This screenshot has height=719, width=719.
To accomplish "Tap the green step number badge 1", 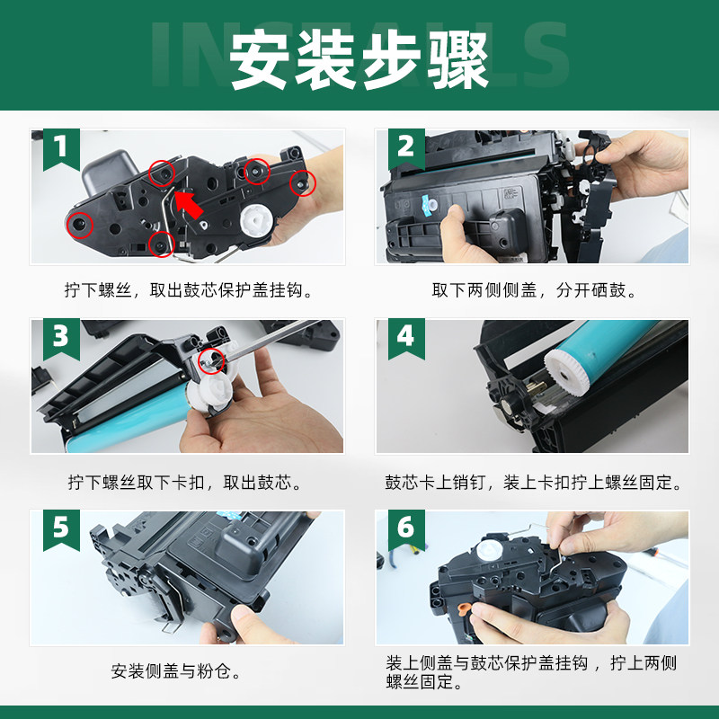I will [x=60, y=146].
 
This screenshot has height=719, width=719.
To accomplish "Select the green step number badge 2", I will [x=405, y=146].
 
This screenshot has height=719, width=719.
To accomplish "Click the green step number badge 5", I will [x=60, y=528].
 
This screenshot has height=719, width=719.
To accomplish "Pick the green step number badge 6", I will [x=405, y=528].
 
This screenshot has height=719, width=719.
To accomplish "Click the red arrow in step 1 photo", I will [x=190, y=202].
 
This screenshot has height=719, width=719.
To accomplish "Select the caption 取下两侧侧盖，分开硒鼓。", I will [x=532, y=291].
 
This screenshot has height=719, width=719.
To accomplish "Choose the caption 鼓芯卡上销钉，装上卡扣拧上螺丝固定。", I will [x=533, y=483].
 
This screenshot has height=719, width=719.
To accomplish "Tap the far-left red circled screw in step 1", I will [x=79, y=221].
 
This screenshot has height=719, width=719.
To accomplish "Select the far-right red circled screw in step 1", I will [x=304, y=182].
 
